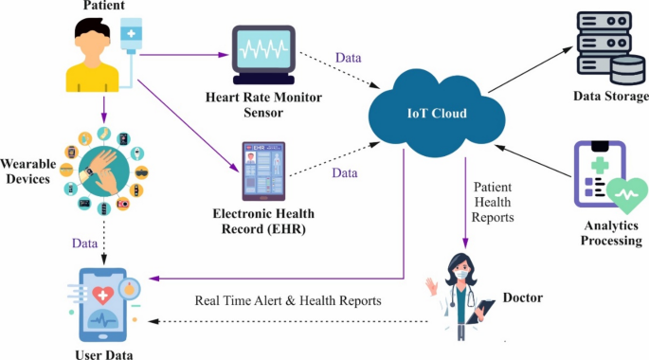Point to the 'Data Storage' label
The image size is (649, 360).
[x=611, y=97]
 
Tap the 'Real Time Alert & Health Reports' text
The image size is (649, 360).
[x=288, y=300]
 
